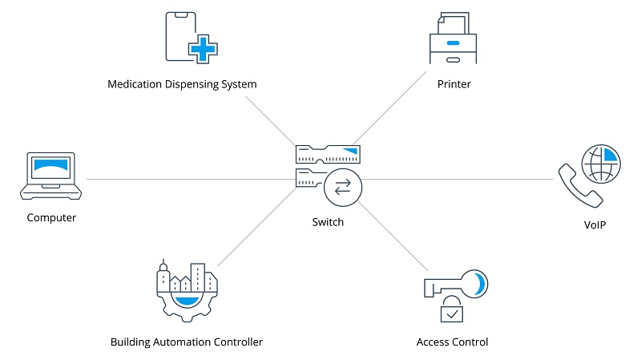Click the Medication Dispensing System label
(x=182, y=84)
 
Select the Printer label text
(x=454, y=84)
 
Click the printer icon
(x=454, y=39)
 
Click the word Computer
(x=51, y=217)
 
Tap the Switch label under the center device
(x=328, y=222)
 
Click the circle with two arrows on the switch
(x=343, y=188)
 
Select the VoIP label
(x=594, y=224)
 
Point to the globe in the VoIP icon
(x=601, y=163)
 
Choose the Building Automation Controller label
(x=187, y=342)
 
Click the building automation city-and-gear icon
(x=186, y=291)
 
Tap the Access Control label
(x=452, y=342)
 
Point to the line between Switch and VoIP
(x=457, y=178)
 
